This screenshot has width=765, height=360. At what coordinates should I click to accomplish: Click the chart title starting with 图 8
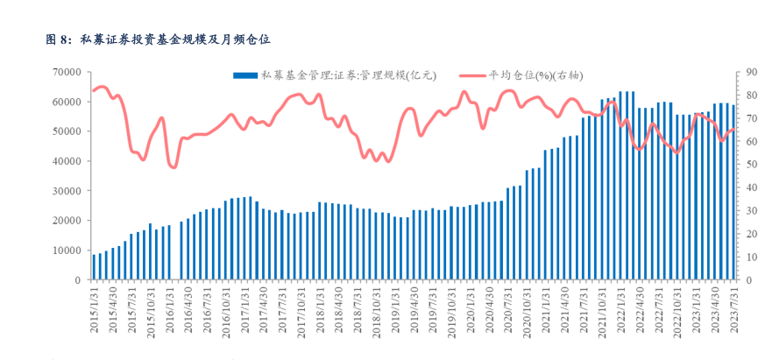158,39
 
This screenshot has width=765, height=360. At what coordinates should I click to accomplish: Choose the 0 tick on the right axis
750,280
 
